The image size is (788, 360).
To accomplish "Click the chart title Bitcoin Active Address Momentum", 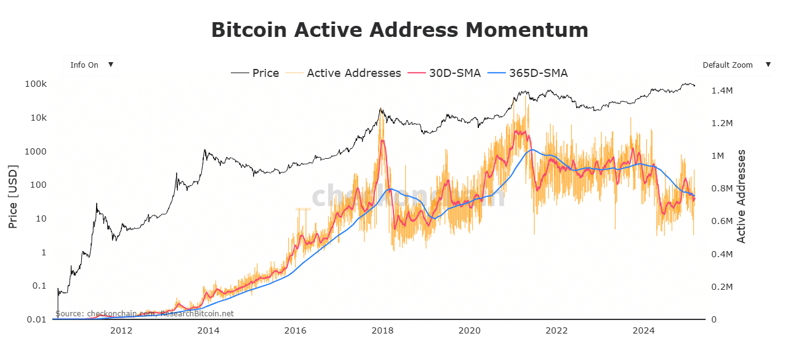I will (400, 30).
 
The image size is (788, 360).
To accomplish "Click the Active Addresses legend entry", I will (353, 73).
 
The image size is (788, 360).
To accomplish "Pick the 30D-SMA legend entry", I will (455, 73).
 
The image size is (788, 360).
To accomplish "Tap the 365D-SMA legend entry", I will (538, 73).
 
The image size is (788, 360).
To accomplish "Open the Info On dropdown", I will (90, 65).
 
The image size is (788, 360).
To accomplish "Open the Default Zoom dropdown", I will (735, 65).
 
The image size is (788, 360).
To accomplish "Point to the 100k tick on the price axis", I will (34, 84).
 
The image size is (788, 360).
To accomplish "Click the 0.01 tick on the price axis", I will (34, 319).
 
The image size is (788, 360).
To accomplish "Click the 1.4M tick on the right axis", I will (722, 90).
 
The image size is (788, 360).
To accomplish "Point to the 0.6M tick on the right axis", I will (722, 222).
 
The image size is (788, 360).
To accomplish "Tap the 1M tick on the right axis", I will (718, 156).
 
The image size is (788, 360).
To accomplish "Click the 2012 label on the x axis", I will (121, 331).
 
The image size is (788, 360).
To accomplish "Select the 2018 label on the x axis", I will (382, 331).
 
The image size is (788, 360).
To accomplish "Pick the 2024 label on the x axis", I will (644, 331).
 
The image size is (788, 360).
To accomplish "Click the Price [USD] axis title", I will (13, 197).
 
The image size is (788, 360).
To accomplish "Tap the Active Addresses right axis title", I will (742, 196).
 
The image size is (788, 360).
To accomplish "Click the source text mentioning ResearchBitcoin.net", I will (145, 313).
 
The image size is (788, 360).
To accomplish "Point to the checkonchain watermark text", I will (408, 196).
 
